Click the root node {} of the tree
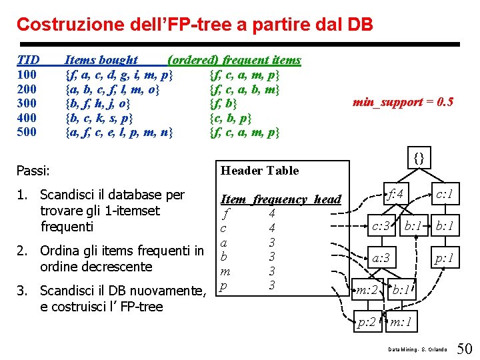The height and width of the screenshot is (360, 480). pos(419,158)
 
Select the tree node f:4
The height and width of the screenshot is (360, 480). pos(397,195)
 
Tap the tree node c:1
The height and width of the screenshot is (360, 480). pos(444,195)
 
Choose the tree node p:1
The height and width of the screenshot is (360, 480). pos(444,258)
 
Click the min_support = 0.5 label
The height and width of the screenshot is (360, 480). pos(403,102)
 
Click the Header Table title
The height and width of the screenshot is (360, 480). pos(259,171)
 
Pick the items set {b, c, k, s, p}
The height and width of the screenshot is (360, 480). pos(99,118)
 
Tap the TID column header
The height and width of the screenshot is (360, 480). pos(27,60)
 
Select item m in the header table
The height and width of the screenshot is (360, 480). pos(225,271)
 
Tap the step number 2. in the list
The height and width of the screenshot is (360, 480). pos(21,251)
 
